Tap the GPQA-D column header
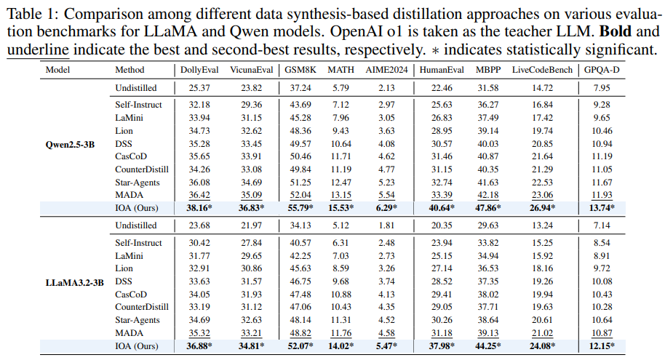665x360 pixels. pyautogui.click(x=600, y=70)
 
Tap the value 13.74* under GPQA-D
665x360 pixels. pyautogui.click(x=602, y=207)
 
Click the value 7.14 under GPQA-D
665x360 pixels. pyautogui.click(x=600, y=225)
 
